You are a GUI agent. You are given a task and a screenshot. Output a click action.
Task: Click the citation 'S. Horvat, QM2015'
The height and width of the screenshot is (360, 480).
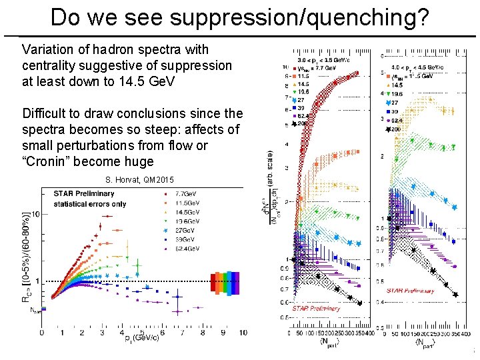(x=139, y=180)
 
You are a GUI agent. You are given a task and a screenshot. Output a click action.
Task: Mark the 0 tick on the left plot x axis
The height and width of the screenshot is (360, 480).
(x=42, y=331)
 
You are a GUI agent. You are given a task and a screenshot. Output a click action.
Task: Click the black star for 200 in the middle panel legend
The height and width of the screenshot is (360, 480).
(x=293, y=125)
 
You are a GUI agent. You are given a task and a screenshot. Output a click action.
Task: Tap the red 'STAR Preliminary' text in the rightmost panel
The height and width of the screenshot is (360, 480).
(x=410, y=291)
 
